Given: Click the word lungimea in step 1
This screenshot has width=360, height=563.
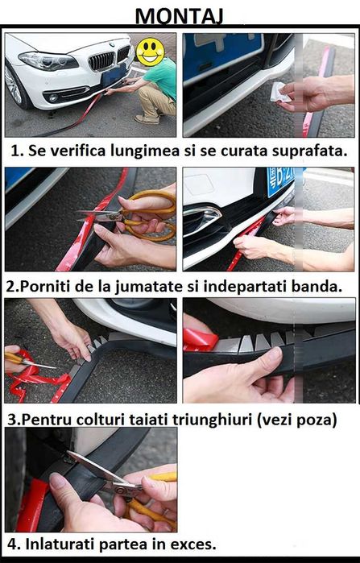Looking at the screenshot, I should tap(131, 150).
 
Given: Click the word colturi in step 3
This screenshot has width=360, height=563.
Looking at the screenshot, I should tap(104, 419).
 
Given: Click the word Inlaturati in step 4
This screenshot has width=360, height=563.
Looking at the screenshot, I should tap(60, 544).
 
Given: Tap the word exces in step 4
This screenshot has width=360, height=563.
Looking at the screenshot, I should tap(191, 544).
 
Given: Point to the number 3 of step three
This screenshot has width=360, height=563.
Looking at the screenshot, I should tap(10, 419).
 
